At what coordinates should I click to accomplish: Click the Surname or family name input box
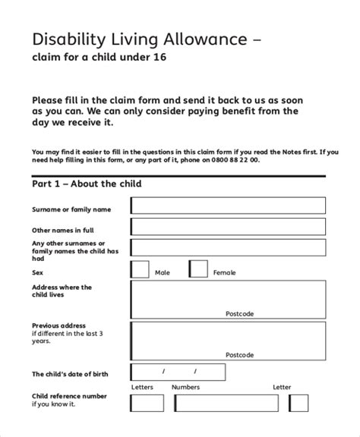(x=228, y=206)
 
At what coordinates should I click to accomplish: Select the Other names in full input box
(x=228, y=227)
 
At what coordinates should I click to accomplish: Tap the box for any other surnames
(x=228, y=248)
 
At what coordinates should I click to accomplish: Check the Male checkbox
(x=140, y=269)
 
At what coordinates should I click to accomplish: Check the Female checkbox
(x=197, y=269)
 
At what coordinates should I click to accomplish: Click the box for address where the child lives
(x=228, y=299)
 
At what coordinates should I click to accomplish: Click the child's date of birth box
(x=178, y=373)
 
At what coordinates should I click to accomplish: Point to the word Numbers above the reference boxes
(x=185, y=387)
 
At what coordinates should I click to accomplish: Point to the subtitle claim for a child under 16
(x=97, y=58)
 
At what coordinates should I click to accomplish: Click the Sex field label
(x=37, y=272)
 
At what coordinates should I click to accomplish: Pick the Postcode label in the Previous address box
(x=239, y=354)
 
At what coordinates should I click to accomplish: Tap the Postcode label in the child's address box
(x=239, y=313)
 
